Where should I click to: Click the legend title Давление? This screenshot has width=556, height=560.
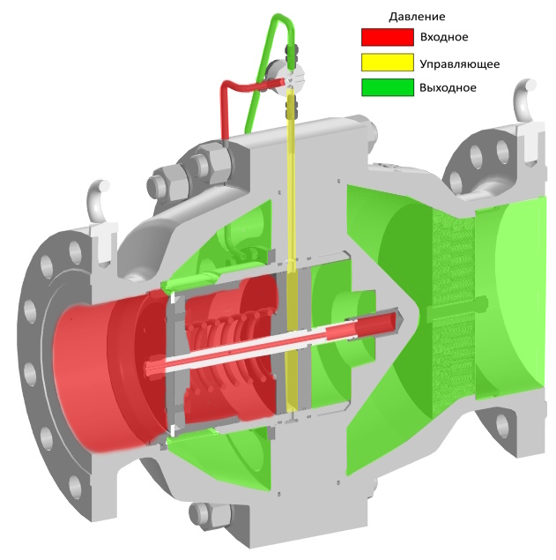click(x=417, y=17)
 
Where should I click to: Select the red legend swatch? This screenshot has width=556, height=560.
click(x=387, y=37)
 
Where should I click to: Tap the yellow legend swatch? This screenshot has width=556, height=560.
click(x=387, y=62)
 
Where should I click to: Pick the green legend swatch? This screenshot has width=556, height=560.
click(x=387, y=87)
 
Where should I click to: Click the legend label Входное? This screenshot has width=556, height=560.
click(x=444, y=37)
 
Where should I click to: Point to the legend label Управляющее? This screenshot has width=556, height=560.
click(x=459, y=64)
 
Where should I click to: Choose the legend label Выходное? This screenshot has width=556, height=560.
click(x=448, y=88)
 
